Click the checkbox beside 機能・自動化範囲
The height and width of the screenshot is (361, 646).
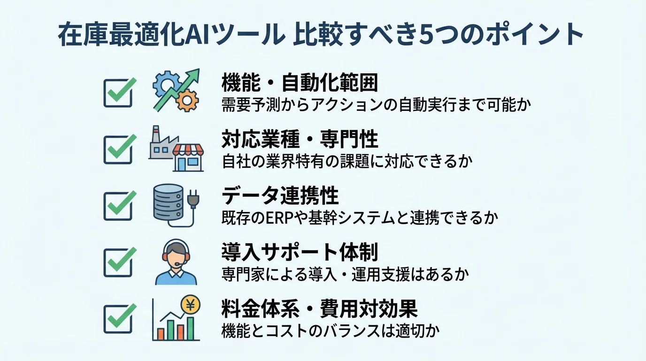117,93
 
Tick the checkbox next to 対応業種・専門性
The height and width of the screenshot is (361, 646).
117,149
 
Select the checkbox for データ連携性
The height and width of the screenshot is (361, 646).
117,206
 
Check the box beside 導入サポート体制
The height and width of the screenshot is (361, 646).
117,262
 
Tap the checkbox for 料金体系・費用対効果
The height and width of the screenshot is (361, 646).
117,319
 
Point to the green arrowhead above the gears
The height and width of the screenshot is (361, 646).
192,76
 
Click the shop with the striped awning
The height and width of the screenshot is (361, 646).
188,157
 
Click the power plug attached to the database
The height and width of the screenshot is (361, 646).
192,201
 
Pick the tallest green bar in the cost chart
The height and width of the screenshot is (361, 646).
191,328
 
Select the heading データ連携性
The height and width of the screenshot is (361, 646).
280,196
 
